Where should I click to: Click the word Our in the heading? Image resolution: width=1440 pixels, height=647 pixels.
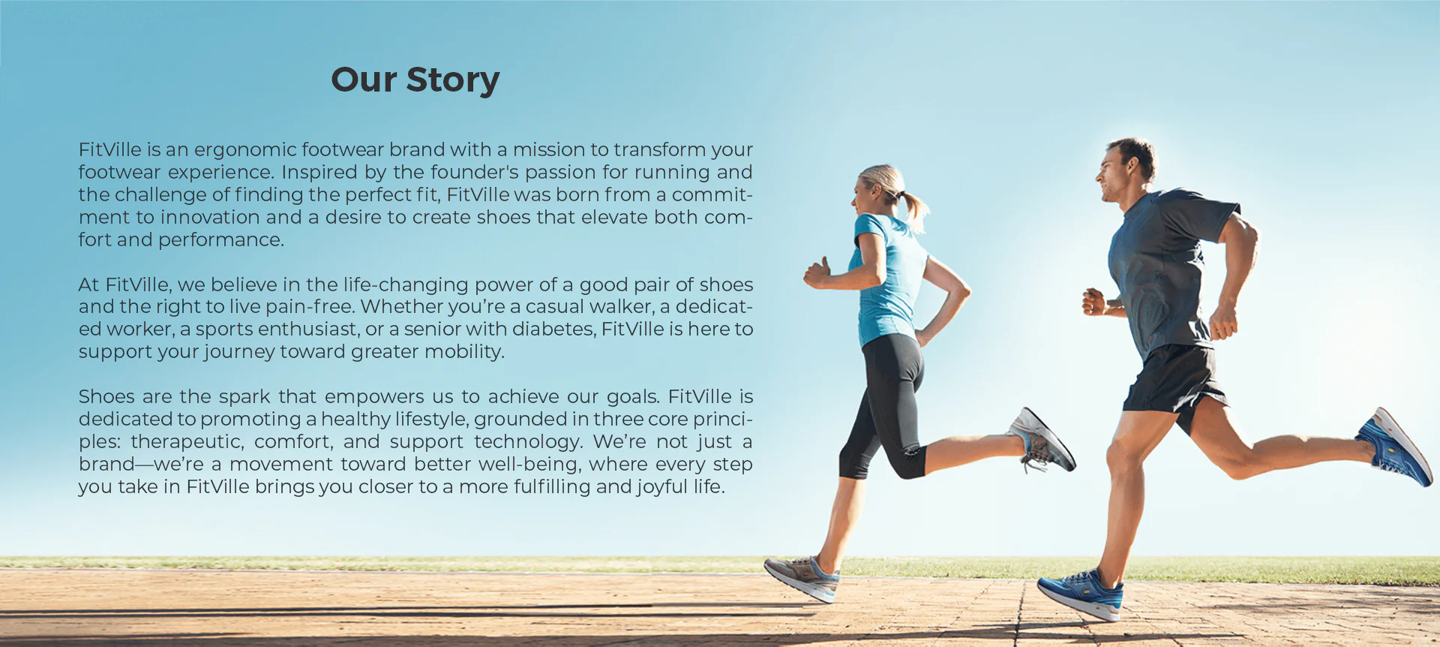click(364, 80)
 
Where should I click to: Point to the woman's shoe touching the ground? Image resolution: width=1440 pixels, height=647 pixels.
click(802, 577)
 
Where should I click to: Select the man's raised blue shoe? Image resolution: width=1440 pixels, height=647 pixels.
click(1394, 447)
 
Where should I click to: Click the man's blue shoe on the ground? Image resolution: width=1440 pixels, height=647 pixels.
click(1081, 594)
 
